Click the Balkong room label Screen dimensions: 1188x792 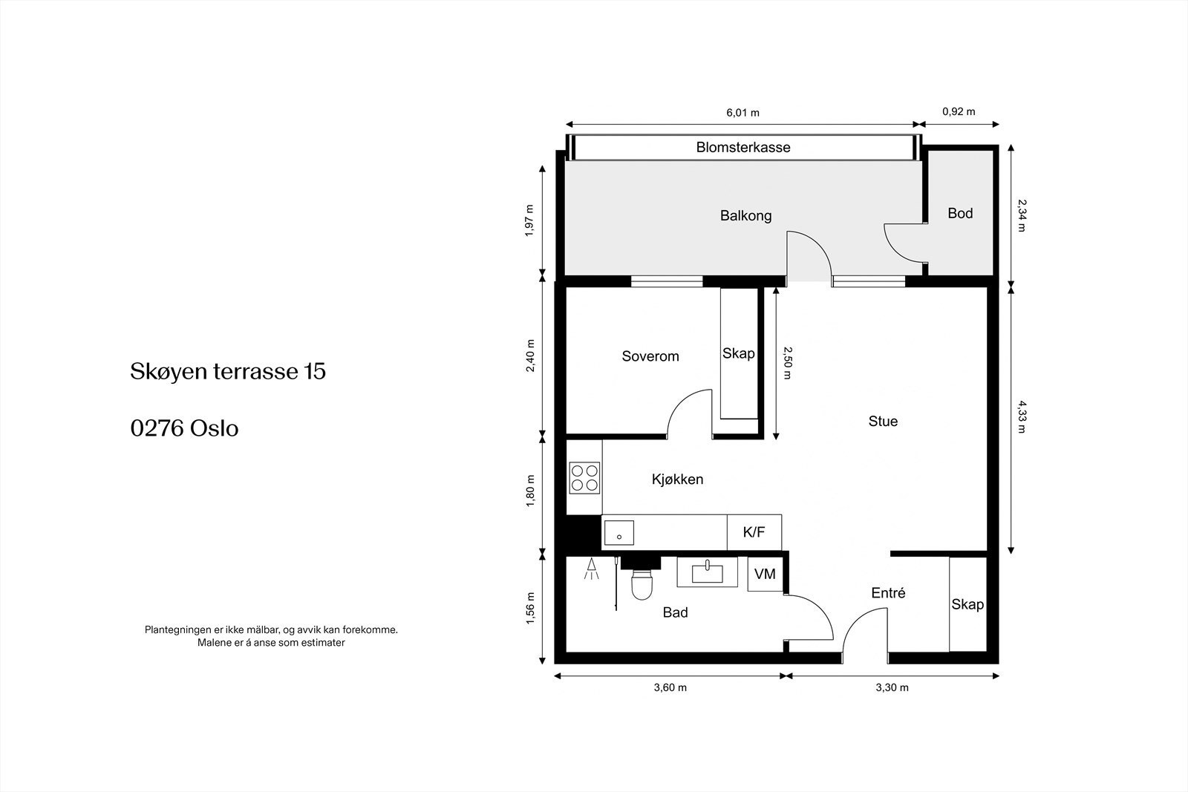pyautogui.click(x=745, y=216)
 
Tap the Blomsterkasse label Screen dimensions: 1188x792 pyautogui.click(x=743, y=148)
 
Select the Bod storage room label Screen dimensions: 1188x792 pyautogui.click(x=960, y=213)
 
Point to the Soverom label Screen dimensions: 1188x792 pyautogui.click(x=650, y=356)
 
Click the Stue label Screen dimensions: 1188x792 pyautogui.click(x=883, y=422)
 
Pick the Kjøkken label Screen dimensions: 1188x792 pyautogui.click(x=677, y=480)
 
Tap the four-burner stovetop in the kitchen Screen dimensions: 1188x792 pyautogui.click(x=584, y=478)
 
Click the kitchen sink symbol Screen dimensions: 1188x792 pyautogui.click(x=619, y=533)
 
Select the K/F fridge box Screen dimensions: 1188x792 pyautogui.click(x=754, y=532)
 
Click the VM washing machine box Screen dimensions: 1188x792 pyautogui.click(x=765, y=574)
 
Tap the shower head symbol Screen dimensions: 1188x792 pyautogui.click(x=591, y=569)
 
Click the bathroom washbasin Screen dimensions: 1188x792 pyautogui.click(x=707, y=572)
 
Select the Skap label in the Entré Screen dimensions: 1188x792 pyautogui.click(x=967, y=604)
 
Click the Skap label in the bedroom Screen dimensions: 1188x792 pyautogui.click(x=738, y=353)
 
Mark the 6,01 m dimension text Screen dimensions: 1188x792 pyautogui.click(x=742, y=112)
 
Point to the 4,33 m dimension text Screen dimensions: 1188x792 pyautogui.click(x=1022, y=417)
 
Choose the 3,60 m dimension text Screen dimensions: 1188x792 pyautogui.click(x=670, y=687)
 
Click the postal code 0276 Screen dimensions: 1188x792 pyautogui.click(x=157, y=428)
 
